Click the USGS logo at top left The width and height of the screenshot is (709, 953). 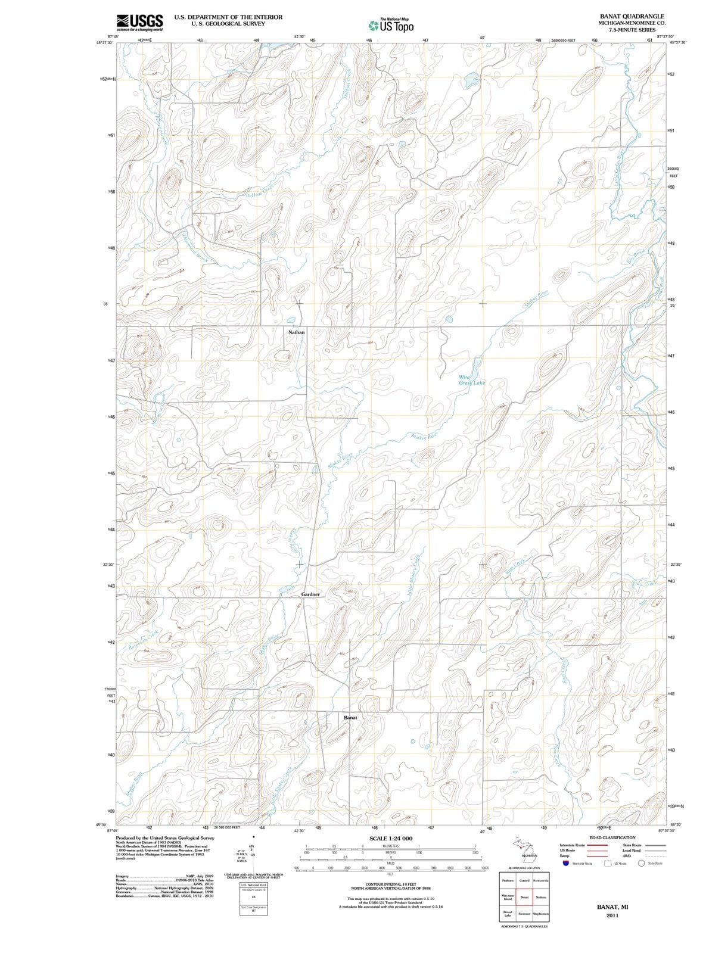coord(140,22)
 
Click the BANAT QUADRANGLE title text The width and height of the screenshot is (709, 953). coord(631,16)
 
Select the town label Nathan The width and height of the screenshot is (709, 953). coord(296,332)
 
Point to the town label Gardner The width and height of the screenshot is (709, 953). coord(310,594)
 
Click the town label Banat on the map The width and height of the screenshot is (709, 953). coord(350,718)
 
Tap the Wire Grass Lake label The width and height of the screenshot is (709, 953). coord(472,380)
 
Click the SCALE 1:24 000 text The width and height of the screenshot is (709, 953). coord(391,839)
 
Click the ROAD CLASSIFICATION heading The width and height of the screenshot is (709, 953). coord(612,838)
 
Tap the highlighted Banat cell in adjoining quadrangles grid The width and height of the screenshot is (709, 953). coord(524,897)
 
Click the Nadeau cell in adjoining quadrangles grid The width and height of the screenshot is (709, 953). coord(542,897)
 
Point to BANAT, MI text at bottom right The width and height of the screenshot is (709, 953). coord(612,907)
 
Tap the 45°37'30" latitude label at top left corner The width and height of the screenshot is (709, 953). coord(105,42)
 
